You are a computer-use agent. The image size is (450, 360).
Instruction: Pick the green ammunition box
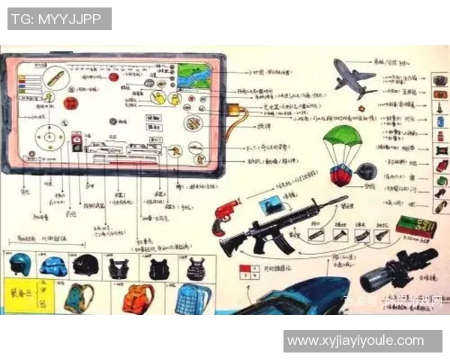[415, 227]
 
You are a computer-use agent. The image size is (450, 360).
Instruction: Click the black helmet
[87, 265]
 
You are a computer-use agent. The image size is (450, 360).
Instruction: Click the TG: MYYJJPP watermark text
[60, 19]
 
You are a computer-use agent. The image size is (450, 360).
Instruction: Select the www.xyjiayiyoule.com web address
[355, 340]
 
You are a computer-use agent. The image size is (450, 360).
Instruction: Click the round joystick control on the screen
[51, 137]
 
